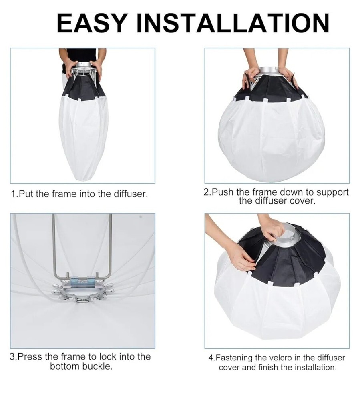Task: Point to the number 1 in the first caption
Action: (14, 194)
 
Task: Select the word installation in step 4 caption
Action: (315, 367)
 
